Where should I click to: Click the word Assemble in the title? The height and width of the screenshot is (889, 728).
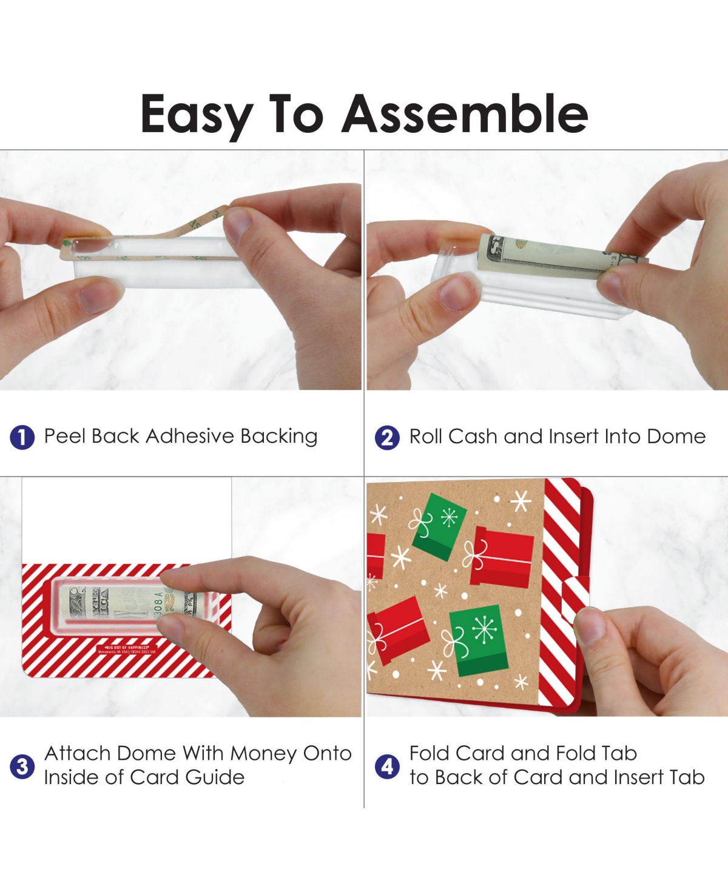pos(465,114)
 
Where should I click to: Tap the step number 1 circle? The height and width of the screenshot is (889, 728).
pos(22,437)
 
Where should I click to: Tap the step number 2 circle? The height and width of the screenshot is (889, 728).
pos(387,437)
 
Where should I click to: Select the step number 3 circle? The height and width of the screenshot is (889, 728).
pos(22,766)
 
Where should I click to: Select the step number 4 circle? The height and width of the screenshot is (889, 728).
pos(387,766)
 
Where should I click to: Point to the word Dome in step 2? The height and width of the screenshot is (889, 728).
pos(676,437)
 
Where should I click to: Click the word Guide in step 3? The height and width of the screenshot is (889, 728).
pos(215,777)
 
